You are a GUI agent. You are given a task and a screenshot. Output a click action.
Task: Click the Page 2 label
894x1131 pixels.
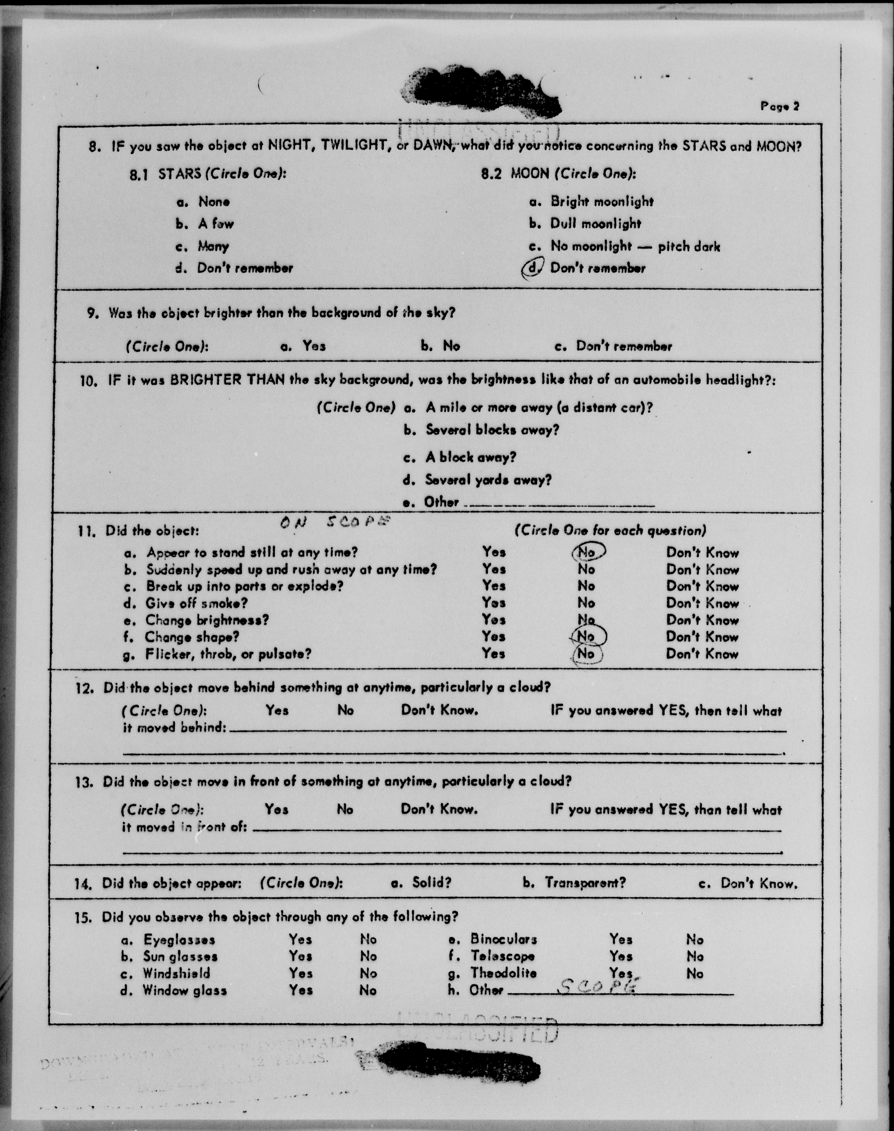779,106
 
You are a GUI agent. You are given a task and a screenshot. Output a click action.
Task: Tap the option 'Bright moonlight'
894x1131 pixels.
601,202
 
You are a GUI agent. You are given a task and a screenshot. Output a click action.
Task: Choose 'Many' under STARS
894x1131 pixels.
213,246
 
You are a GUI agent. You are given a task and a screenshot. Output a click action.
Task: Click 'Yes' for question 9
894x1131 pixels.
313,346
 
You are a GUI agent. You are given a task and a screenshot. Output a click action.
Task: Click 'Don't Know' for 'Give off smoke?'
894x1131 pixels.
702,603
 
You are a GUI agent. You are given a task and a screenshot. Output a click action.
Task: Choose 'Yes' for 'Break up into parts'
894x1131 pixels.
494,586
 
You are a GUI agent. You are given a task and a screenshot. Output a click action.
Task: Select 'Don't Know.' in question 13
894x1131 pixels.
439,809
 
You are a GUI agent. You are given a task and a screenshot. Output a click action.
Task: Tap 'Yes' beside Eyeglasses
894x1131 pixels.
300,940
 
